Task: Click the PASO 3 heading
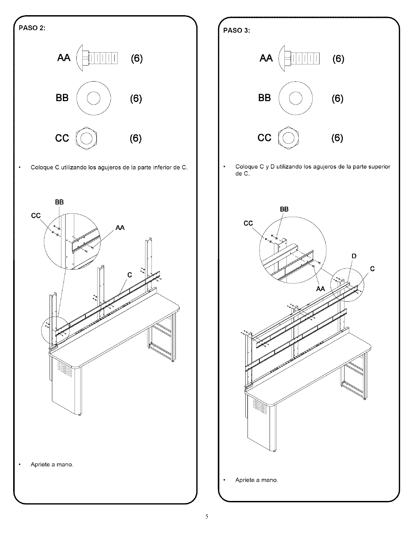point(237,30)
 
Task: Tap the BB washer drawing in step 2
point(94,98)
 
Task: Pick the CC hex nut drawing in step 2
point(86,138)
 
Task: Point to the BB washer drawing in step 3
point(296,98)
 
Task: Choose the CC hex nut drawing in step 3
point(288,138)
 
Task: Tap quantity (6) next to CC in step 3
point(337,138)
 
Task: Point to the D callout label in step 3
point(354,256)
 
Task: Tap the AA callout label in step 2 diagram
point(120,228)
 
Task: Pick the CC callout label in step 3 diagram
point(248,223)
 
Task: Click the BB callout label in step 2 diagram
point(59,202)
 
